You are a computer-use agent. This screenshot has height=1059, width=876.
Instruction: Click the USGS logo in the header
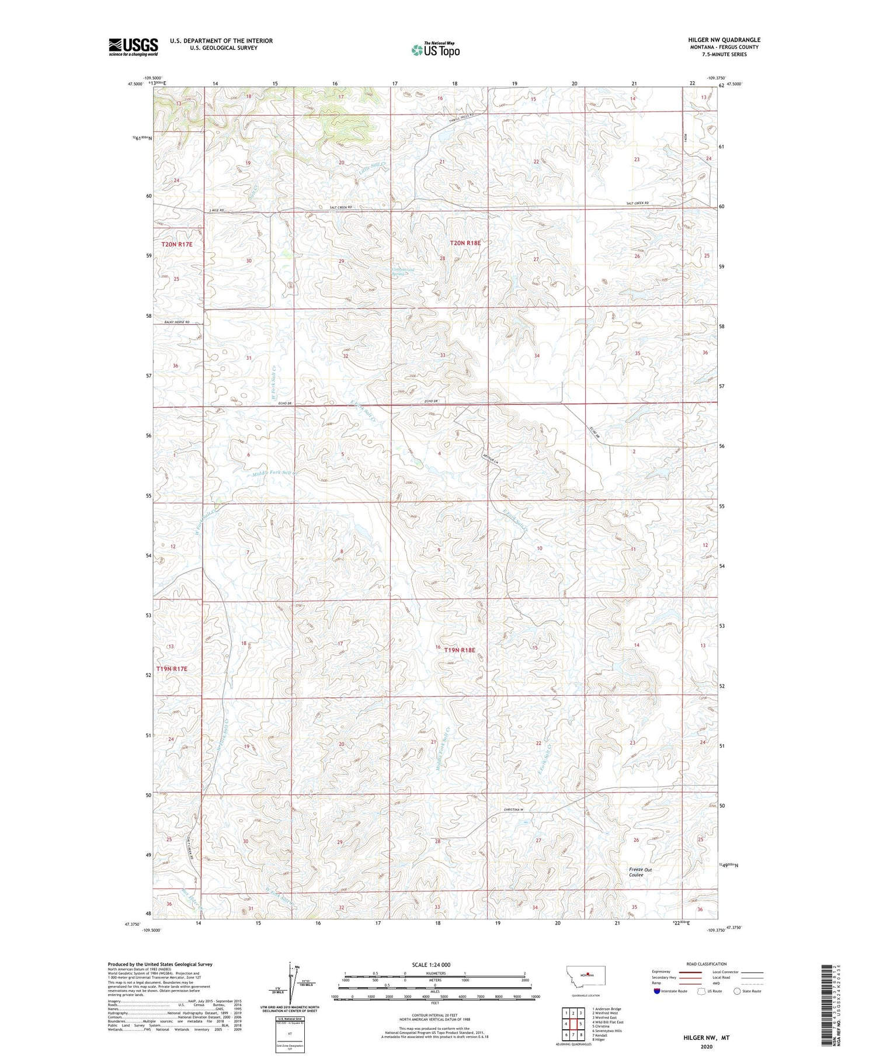click(133, 47)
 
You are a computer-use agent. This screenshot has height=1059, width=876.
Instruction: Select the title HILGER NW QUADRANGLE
click(724, 40)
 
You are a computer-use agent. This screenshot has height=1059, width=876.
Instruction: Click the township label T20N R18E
click(465, 242)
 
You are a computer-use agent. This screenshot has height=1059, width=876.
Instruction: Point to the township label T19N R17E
click(172, 668)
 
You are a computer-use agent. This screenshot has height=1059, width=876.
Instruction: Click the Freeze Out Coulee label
click(640, 872)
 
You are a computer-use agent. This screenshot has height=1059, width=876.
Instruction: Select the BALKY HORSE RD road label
click(172, 322)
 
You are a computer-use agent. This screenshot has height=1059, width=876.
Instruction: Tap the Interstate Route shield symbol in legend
click(656, 991)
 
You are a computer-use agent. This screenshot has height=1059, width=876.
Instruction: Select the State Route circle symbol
click(737, 991)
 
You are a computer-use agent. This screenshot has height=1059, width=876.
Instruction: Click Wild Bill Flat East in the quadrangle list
click(608, 1022)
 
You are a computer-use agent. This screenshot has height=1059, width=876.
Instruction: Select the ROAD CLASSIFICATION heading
click(707, 964)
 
